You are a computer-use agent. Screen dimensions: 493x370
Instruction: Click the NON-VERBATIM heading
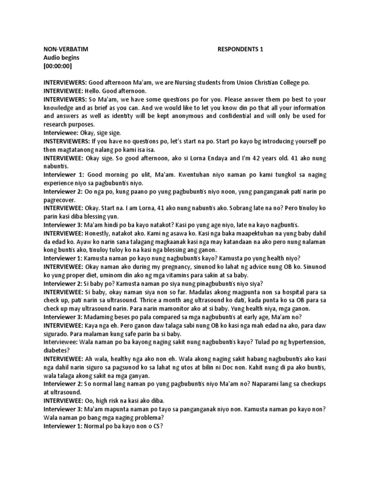pos(66,49)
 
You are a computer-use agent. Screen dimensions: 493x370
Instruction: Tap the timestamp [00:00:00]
pos(58,65)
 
